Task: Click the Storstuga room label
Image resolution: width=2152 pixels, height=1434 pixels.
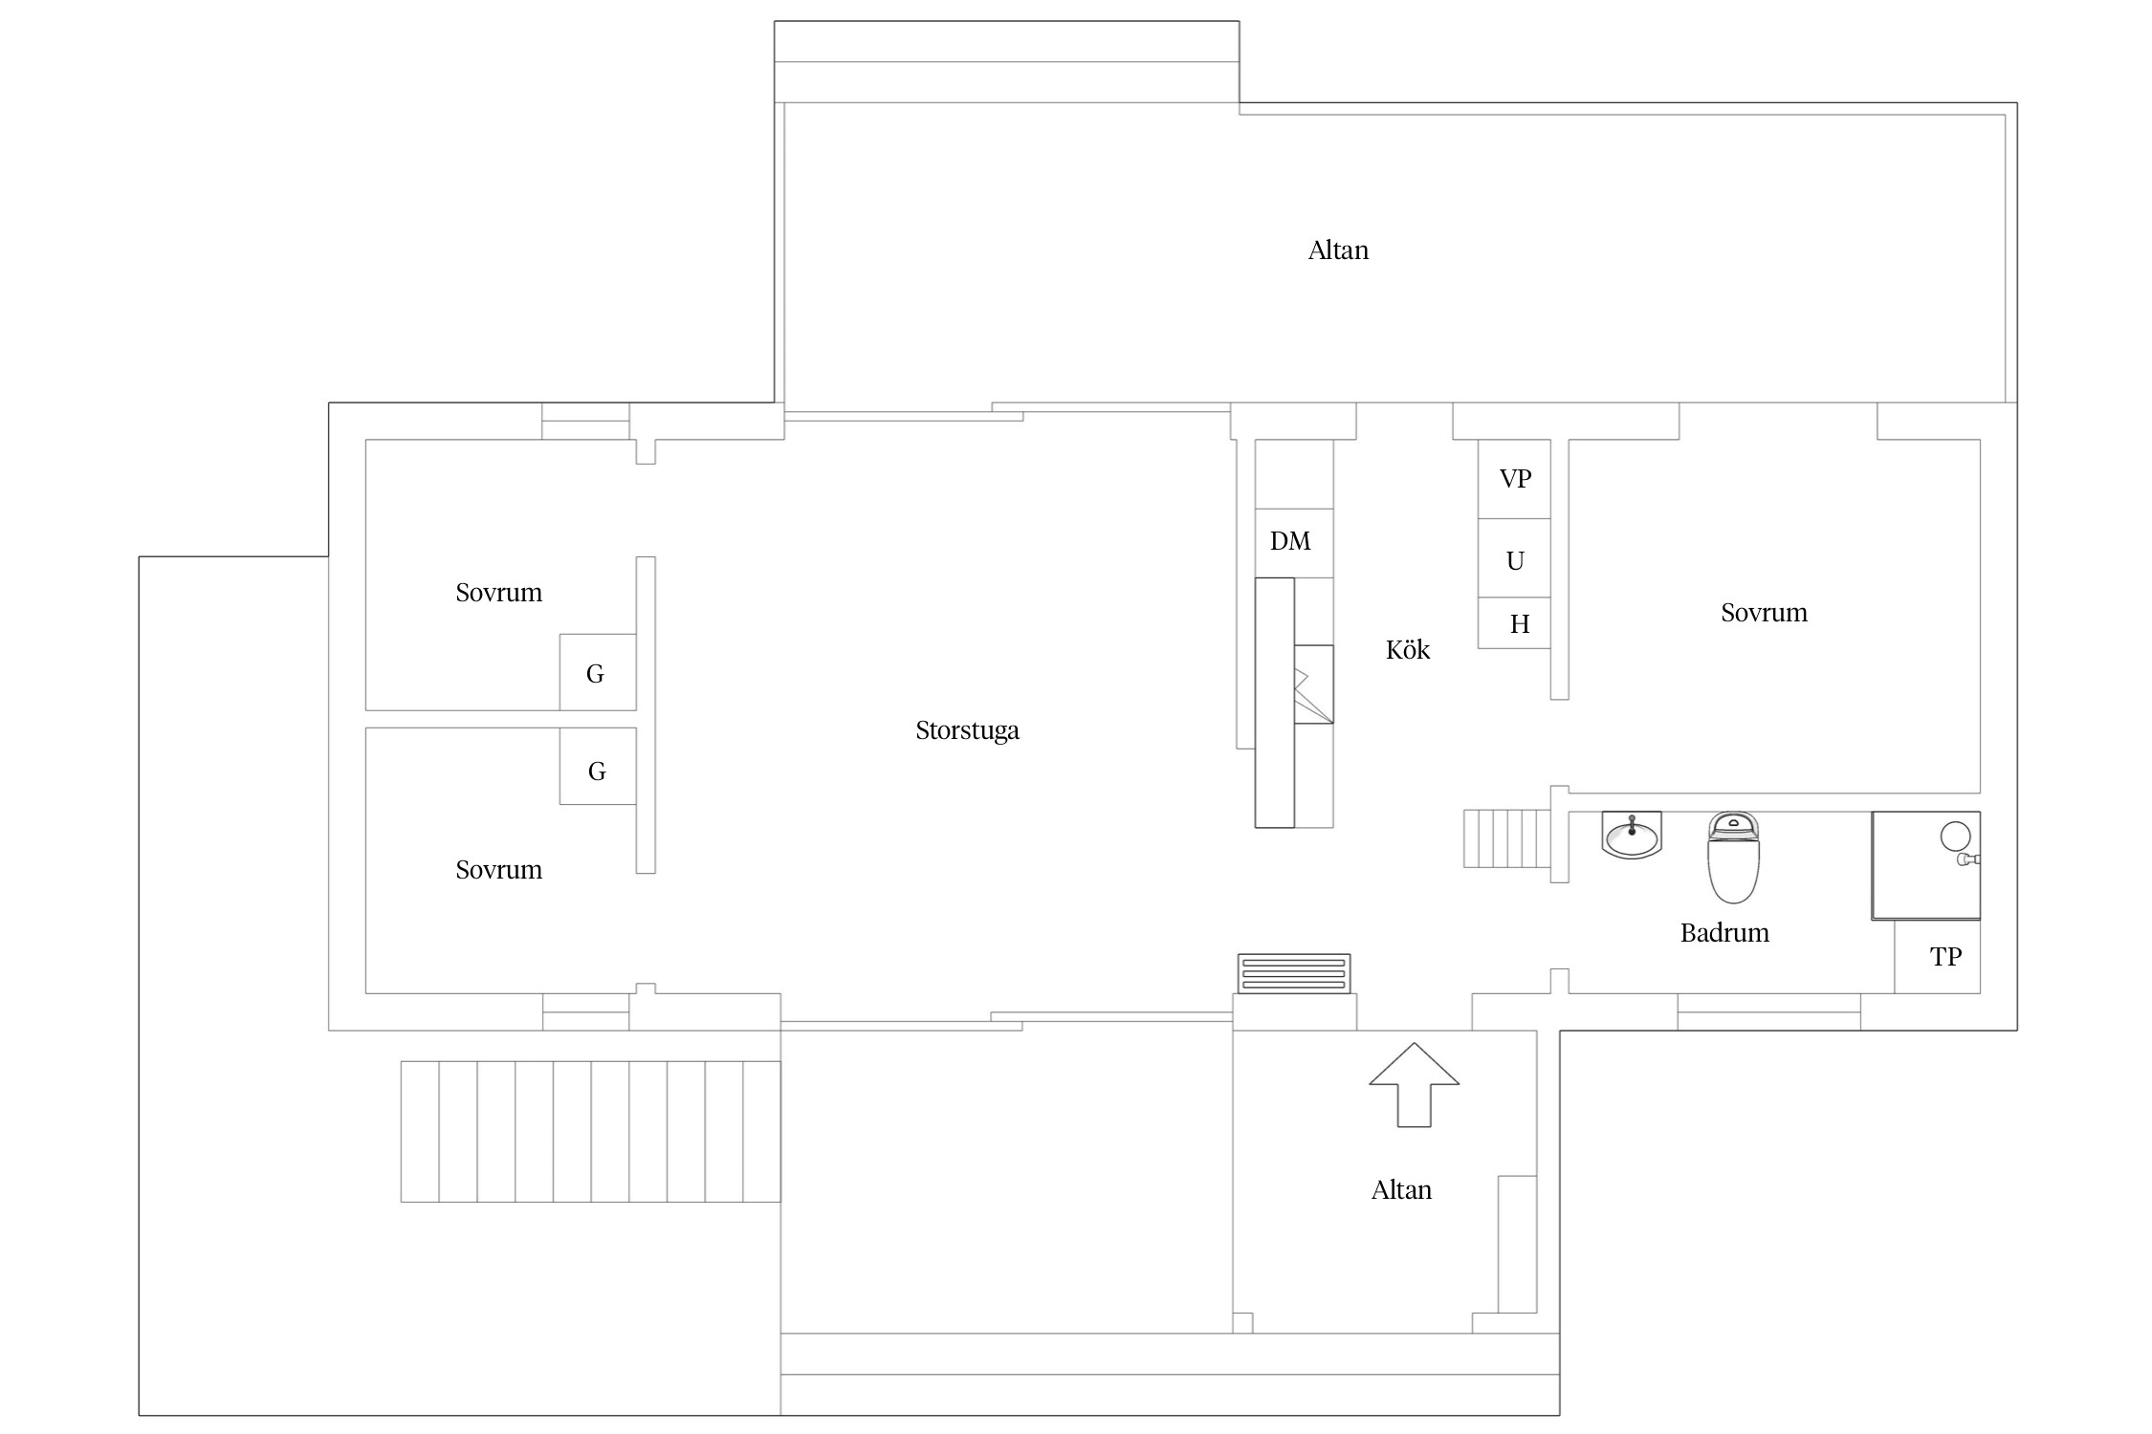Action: pos(967,731)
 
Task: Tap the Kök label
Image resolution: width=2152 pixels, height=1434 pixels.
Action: pos(1408,650)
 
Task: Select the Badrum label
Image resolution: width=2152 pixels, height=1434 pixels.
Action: pos(1724,933)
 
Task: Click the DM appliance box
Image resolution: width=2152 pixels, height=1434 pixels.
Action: pos(1294,543)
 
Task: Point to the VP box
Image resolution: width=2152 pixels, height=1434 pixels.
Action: pos(1514,479)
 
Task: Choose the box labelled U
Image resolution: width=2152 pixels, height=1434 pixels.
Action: pos(1514,559)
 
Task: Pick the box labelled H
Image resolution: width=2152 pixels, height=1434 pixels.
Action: pos(1514,623)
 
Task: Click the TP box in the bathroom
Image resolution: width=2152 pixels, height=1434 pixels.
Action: pos(1937,957)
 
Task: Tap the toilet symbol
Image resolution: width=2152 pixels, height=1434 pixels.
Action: pos(1733,858)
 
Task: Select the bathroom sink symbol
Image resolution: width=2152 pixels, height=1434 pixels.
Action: pos(1632,835)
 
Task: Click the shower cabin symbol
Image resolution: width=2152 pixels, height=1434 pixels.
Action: pos(1925,866)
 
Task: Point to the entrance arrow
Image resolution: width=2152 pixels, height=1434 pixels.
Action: pos(1414,1084)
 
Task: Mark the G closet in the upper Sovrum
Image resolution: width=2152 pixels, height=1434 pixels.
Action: pos(598,672)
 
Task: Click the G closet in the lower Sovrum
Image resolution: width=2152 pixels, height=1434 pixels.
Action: pos(598,767)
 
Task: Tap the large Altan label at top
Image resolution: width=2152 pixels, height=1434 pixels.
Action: pos(1338,250)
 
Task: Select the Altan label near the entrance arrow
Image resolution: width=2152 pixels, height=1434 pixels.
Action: pos(1401,1190)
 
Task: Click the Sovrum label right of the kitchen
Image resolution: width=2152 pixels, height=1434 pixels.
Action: pos(1764,613)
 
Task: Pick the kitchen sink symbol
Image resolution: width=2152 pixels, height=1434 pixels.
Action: pos(1313,684)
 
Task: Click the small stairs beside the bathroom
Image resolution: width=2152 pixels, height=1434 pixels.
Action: pos(1506,838)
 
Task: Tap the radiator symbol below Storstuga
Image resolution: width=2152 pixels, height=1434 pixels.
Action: pos(1294,974)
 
